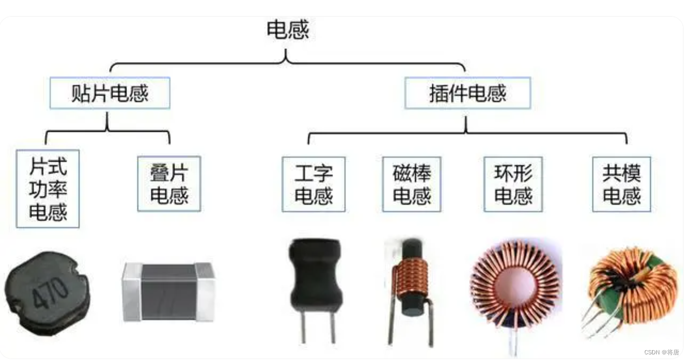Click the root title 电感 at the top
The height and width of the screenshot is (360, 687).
[x=288, y=30]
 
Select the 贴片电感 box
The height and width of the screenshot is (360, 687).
[x=109, y=93]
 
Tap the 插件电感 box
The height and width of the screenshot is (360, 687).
[x=467, y=93]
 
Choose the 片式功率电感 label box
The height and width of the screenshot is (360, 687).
[x=48, y=189]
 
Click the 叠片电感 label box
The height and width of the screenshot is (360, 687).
[x=169, y=184]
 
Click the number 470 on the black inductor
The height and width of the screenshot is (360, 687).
[x=50, y=292]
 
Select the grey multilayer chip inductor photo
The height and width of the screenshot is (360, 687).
[x=168, y=292]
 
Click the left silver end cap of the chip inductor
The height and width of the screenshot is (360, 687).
[x=131, y=292]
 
